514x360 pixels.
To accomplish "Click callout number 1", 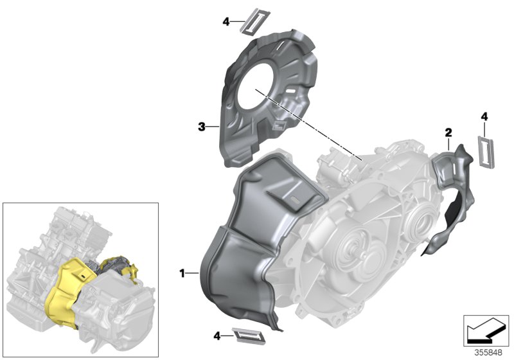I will (183, 273).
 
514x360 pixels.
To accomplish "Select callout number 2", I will (448, 132).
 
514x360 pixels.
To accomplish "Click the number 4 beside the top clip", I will (226, 22).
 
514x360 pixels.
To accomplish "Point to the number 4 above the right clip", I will (484, 116).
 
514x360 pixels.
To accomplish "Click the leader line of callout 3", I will (213, 127).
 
